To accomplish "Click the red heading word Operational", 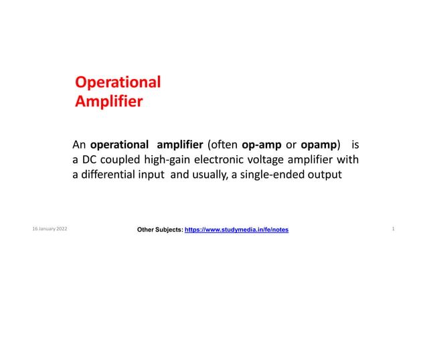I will coord(118,83).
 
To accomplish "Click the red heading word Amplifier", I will coord(108,102).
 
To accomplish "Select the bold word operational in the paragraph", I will coord(119,145).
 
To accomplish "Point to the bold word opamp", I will coord(319,145).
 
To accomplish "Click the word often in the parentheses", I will coord(225,145).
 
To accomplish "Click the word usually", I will coord(209,175).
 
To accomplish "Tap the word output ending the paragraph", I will coord(325,175).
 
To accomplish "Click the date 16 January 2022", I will coord(49,230).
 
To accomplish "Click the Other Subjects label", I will coord(159,230).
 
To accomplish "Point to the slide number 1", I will coord(393,230).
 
